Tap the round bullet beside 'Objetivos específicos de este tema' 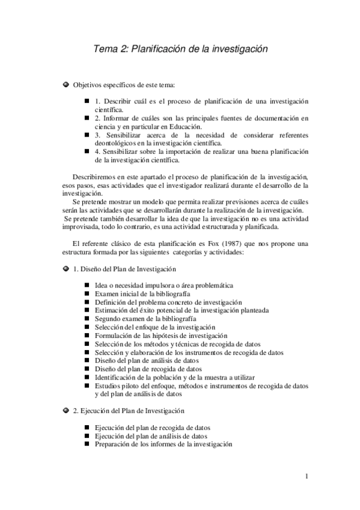coord(66,85)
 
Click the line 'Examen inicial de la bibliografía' coord(145,293)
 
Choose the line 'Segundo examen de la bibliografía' coord(145,318)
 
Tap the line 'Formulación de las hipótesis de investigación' coord(160,335)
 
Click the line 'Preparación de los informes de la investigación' coord(163,444)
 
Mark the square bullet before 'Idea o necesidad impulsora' coord(87,284)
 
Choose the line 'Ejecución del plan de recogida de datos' coord(154,427)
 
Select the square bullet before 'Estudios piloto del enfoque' coord(87,386)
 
